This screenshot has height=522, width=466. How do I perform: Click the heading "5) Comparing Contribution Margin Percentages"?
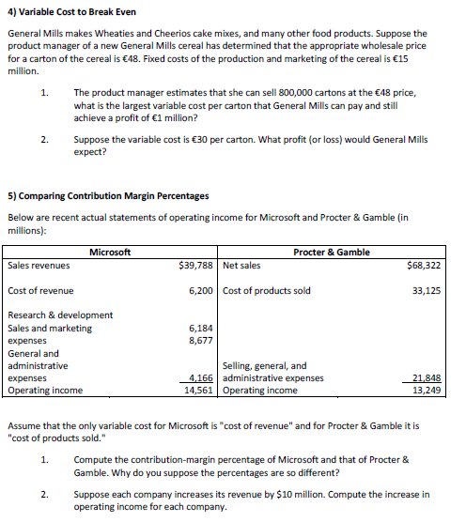tap(108, 196)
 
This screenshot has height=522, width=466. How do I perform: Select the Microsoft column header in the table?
tap(110, 252)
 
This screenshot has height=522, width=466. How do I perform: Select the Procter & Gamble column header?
tap(332, 252)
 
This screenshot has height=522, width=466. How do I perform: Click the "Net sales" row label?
tap(243, 266)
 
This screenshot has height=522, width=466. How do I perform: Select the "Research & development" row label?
tap(60, 315)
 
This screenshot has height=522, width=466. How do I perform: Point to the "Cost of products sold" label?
tap(269, 290)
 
